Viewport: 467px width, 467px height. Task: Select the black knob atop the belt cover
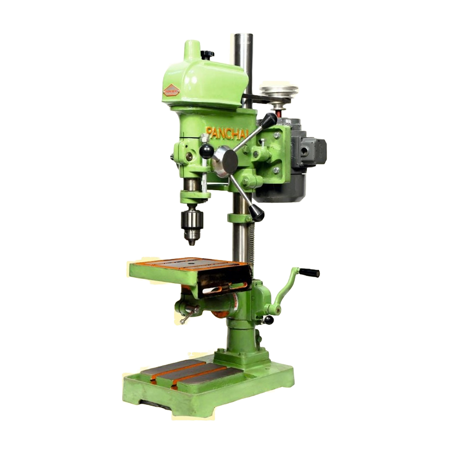click(x=208, y=54)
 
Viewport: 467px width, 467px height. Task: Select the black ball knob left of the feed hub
click(x=207, y=151)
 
